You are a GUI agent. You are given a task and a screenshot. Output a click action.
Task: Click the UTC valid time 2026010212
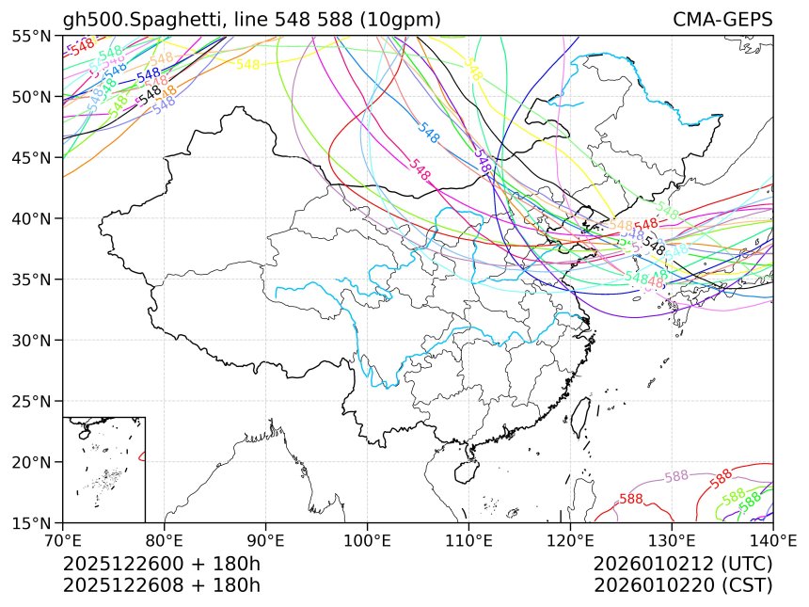click(x=683, y=565)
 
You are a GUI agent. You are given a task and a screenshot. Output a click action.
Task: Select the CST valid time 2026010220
click(x=683, y=585)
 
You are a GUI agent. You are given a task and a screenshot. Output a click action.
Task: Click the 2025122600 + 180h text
click(x=161, y=565)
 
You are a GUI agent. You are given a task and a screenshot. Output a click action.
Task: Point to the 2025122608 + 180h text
click(x=161, y=585)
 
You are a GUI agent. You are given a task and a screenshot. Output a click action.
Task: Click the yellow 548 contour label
click(x=247, y=64)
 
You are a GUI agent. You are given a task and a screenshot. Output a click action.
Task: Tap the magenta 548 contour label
click(x=420, y=170)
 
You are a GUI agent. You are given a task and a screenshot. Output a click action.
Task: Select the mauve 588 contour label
click(x=677, y=477)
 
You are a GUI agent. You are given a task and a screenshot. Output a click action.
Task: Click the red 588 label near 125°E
click(x=631, y=499)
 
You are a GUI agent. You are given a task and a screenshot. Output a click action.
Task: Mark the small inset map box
click(x=103, y=469)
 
